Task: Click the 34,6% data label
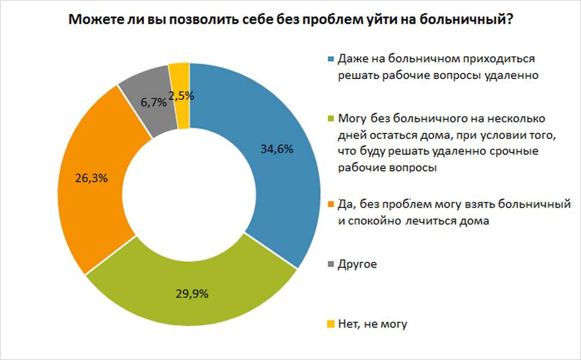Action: click(x=277, y=149)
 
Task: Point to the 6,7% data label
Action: click(x=152, y=102)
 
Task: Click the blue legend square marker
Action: click(x=331, y=59)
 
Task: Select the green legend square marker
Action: click(x=331, y=120)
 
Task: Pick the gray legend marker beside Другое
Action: click(x=331, y=265)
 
